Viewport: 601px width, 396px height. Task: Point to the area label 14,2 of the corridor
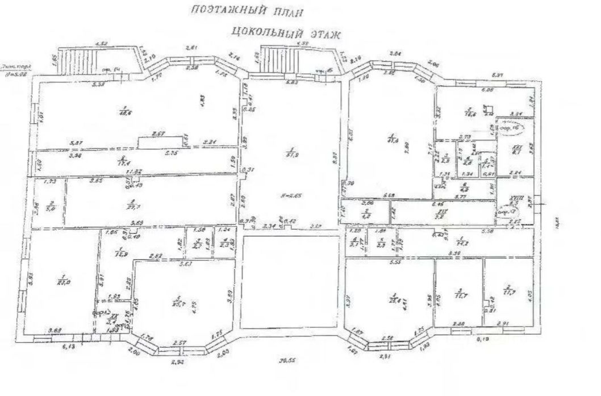pos(464,242)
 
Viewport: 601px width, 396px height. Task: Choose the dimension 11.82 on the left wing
pos(133,171)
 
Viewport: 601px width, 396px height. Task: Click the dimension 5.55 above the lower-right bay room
pos(389,263)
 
